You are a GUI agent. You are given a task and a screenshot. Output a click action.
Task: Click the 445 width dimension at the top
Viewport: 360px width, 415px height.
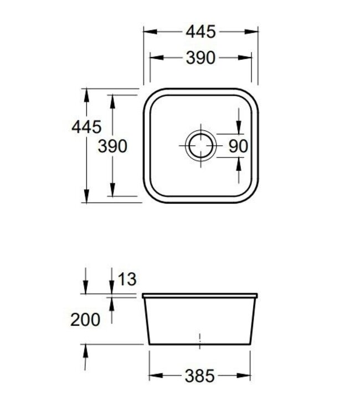point(200,32)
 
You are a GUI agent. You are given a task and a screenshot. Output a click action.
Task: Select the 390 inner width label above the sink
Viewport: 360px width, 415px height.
point(200,58)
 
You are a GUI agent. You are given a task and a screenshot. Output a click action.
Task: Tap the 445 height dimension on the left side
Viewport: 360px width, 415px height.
point(86,127)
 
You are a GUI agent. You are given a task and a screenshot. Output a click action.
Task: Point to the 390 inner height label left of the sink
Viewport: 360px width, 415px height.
point(112,146)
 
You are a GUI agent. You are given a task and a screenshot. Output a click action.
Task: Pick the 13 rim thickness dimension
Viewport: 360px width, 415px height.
point(126,279)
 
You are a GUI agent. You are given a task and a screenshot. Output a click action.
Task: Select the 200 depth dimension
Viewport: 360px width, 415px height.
point(85,319)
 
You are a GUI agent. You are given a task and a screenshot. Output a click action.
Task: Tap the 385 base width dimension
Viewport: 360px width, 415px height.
point(199,376)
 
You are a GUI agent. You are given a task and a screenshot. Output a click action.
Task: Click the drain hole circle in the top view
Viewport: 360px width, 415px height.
point(200,146)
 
